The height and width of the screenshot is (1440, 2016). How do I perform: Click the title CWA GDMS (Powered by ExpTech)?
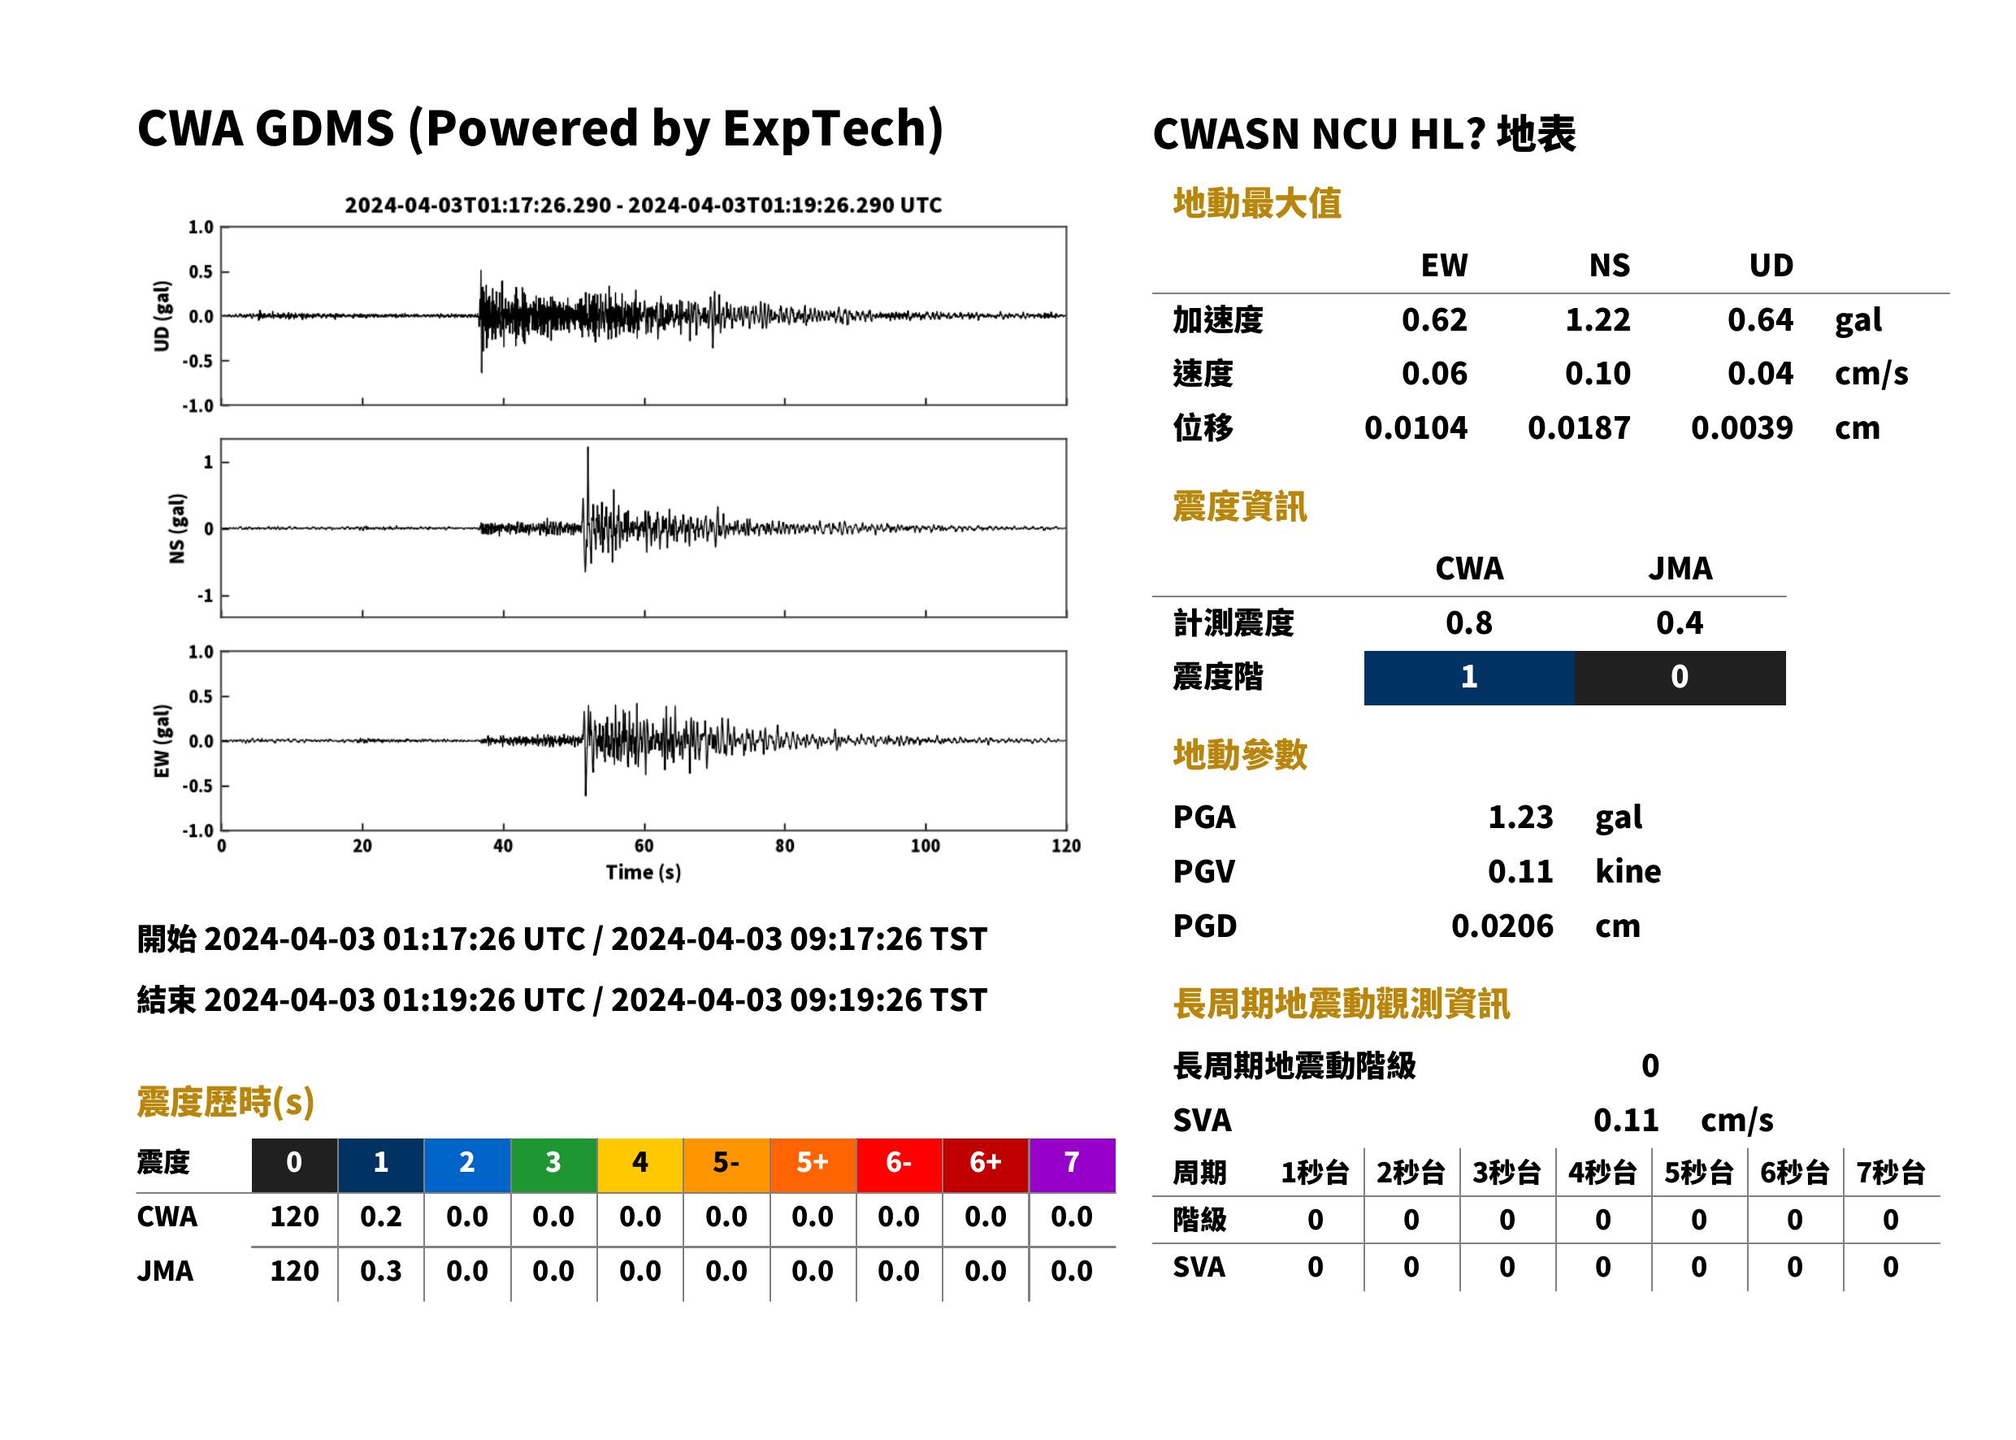pos(540,129)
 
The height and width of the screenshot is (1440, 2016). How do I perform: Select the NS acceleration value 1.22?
pos(1597,319)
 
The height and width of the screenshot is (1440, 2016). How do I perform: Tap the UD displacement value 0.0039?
pos(1741,428)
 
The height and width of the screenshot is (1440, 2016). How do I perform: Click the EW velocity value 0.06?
pos(1433,373)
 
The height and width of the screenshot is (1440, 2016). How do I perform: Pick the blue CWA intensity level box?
pos(1469,678)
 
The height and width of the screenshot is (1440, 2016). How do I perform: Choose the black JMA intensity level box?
pos(1680,678)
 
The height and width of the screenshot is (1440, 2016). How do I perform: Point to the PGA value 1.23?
pos(1520,817)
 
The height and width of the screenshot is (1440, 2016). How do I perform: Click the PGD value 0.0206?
pos(1502,926)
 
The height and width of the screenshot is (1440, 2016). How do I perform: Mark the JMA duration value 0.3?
pos(380,1272)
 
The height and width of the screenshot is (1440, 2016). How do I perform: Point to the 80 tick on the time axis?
pos(785,846)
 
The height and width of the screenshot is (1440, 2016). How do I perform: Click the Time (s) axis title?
pos(644,873)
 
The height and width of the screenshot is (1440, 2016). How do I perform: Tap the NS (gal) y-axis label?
pos(177,528)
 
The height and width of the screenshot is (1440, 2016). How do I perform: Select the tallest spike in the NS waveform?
pos(587,449)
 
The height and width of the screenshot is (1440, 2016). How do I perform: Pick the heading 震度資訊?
pos(1239,506)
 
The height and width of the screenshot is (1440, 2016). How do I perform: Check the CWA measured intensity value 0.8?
pos(1469,623)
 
